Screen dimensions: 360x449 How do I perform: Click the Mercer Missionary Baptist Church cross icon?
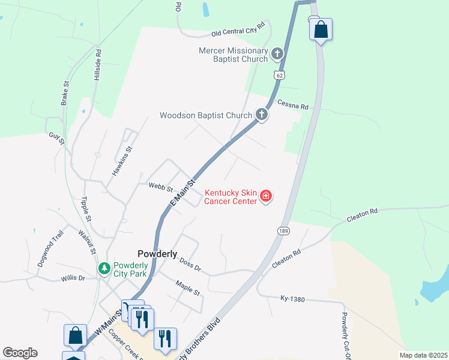[277, 55]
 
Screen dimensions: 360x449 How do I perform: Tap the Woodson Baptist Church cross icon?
[261, 115]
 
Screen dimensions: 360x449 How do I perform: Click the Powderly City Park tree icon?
[104, 267]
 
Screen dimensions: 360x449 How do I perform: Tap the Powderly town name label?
[157, 254]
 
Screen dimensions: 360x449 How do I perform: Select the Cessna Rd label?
[293, 105]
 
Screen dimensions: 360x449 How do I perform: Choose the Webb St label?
[161, 187]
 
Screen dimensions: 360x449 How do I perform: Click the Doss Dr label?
[190, 264]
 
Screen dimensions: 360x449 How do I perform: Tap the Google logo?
[20, 353]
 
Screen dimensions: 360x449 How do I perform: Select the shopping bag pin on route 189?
[321, 29]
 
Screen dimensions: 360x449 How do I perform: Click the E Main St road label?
[183, 193]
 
